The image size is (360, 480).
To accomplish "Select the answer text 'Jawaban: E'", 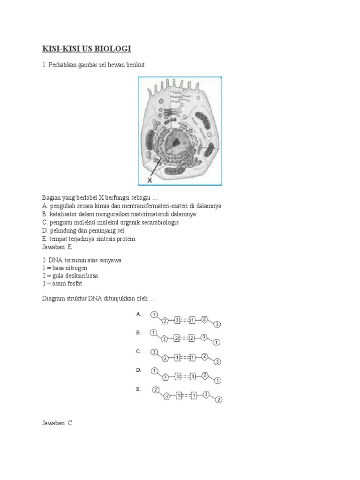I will (57, 247).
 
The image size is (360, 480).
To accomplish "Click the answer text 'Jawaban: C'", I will (57, 423).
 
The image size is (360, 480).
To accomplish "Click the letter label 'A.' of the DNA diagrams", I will (139, 315).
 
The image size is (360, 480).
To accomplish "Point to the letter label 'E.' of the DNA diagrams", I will (139, 389).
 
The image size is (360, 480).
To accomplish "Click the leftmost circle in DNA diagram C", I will (154, 352).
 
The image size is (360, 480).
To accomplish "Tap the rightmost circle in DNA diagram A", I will (217, 324).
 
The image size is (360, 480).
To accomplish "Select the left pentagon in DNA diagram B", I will (165, 339).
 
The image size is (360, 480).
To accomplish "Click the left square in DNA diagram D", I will (177, 376).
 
